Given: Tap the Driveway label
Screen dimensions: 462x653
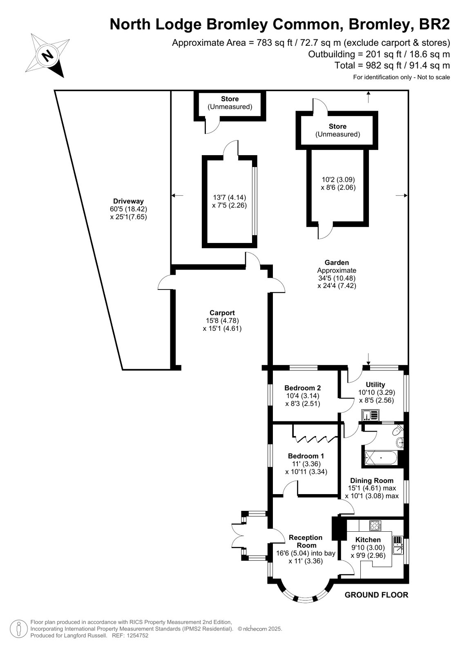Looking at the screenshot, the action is pyautogui.click(x=128, y=201).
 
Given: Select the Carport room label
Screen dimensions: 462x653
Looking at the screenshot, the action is pyautogui.click(x=222, y=313).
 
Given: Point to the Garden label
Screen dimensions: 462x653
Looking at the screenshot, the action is pyautogui.click(x=337, y=262).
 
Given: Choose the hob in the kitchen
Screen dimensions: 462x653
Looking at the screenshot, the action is pyautogui.click(x=375, y=526).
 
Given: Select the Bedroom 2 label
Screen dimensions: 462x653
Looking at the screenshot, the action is pyautogui.click(x=302, y=388).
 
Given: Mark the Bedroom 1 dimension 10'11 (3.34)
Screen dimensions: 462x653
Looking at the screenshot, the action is pyautogui.click(x=306, y=472).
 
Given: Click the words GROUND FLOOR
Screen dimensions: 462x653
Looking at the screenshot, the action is pyautogui.click(x=376, y=595).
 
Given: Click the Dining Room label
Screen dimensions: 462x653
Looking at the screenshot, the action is pyautogui.click(x=372, y=481).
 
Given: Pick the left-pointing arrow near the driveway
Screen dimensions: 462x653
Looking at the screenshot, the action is pyautogui.click(x=177, y=195).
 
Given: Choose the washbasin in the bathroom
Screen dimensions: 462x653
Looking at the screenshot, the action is pyautogui.click(x=400, y=443).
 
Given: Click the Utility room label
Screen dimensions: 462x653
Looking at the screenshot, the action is pyautogui.click(x=375, y=385).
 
